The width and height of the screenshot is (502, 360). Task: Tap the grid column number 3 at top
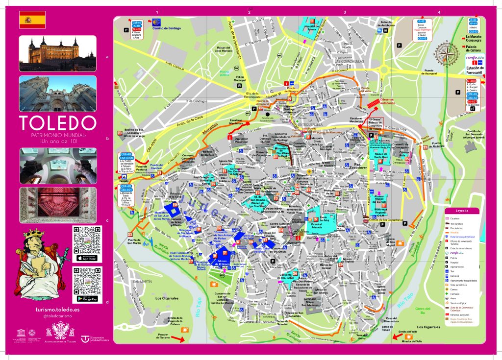tap(345, 13)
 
